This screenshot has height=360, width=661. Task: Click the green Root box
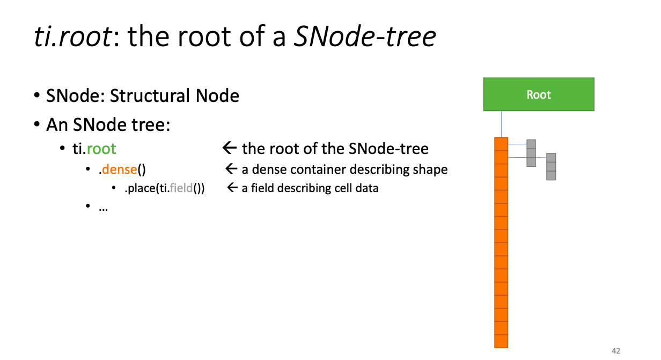point(539,94)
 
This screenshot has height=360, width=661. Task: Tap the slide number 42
point(616,351)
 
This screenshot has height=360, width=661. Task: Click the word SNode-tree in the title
point(365,36)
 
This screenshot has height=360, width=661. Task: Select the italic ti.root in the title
point(72,36)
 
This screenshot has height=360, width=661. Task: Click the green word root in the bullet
point(101,149)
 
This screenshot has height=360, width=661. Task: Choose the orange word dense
point(120,170)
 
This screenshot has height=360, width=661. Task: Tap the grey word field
point(181,188)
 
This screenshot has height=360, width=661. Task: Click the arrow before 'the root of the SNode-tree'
point(230,148)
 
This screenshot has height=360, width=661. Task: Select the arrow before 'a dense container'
point(231,169)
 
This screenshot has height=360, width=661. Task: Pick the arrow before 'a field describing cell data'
point(232,187)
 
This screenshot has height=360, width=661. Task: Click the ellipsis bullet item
point(103,209)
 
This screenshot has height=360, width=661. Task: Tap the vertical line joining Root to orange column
point(501,124)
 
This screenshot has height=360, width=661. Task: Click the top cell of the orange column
point(501,144)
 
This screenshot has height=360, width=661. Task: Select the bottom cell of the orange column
point(501,341)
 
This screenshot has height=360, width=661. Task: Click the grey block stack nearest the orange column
point(531,153)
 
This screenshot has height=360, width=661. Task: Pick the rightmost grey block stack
point(551,167)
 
